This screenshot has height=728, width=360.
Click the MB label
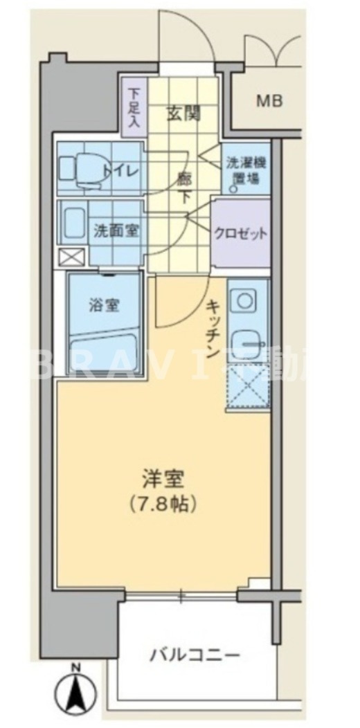click(x=270, y=101)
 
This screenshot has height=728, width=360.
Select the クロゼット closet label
click(x=240, y=233)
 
